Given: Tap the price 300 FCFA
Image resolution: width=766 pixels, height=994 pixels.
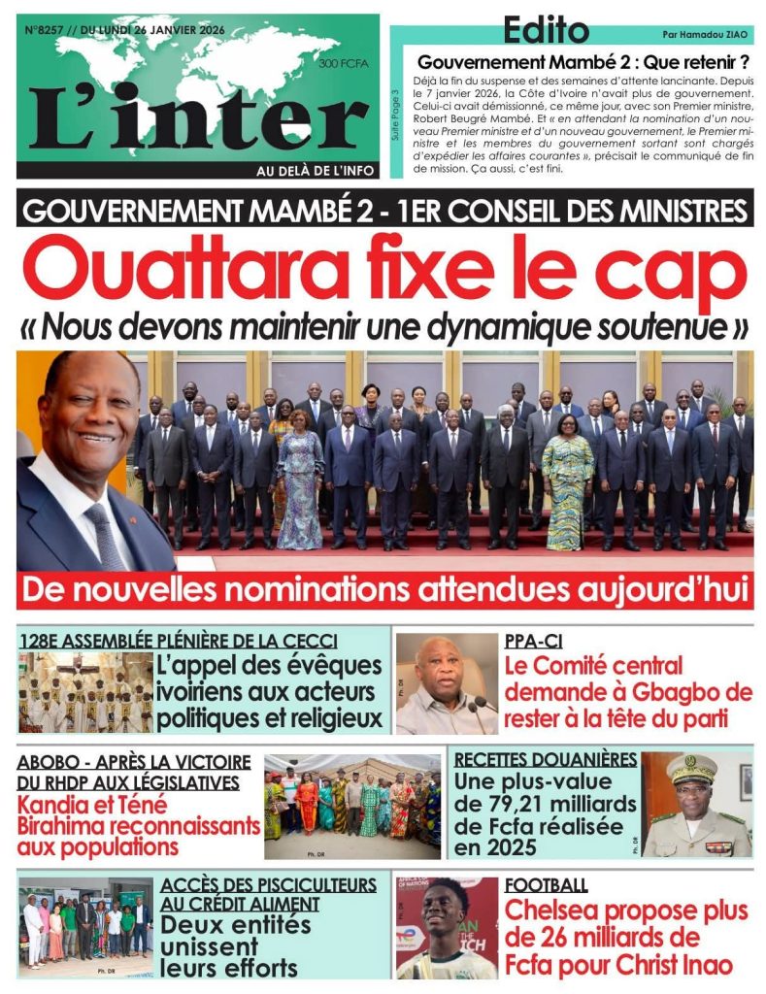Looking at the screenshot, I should click(336, 64).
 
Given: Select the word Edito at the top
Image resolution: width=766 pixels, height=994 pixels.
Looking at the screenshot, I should click(546, 31).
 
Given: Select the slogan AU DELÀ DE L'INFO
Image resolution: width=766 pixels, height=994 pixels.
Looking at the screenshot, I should click(314, 170).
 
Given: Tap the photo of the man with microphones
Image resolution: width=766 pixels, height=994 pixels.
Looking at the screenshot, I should click(446, 683).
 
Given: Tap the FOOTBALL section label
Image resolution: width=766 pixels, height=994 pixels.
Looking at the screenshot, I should click(546, 884).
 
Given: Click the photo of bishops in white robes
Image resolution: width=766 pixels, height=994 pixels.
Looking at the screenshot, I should click(85, 692).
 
